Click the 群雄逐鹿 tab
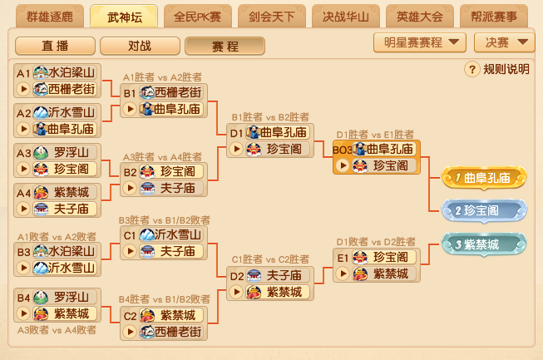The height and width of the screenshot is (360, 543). point(50,16)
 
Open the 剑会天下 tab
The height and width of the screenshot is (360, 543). point(271,16)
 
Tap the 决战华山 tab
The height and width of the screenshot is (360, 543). point(345,16)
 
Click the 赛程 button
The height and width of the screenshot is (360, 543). point(220,45)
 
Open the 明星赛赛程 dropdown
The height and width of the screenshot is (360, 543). point(419,42)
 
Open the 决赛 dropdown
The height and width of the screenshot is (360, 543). point(504,42)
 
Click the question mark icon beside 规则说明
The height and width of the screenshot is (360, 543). point(471,69)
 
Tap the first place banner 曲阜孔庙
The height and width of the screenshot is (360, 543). point(485,178)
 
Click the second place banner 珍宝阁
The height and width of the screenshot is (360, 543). point(485,211)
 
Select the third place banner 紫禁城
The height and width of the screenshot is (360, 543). point(485,244)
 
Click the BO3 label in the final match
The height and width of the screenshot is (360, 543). point(342,150)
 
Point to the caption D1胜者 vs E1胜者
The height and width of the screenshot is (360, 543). point(375,134)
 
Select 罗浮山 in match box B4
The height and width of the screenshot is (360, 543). point(66,298)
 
